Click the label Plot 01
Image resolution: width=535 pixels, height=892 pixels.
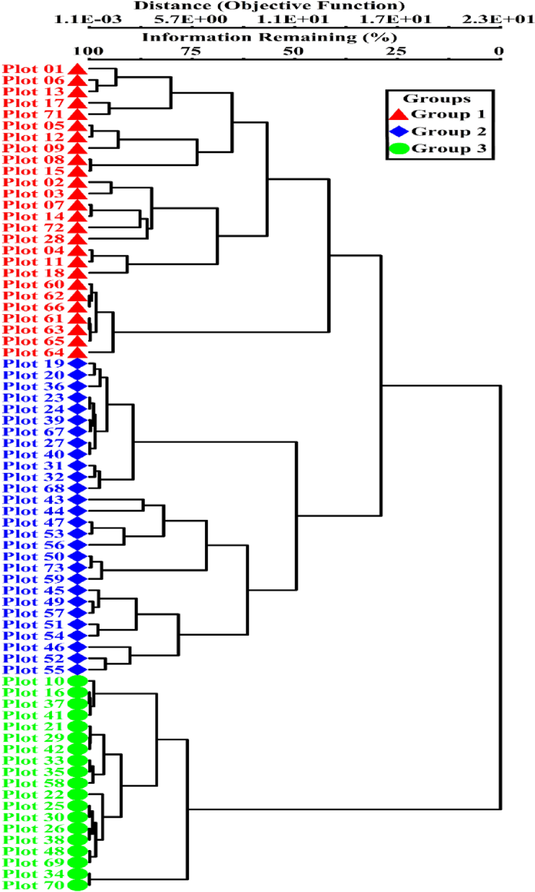(x=33, y=69)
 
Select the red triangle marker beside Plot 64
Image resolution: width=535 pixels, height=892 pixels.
(x=77, y=352)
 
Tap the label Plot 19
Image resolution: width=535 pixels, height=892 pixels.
(x=33, y=364)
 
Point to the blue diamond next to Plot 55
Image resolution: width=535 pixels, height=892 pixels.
(x=77, y=670)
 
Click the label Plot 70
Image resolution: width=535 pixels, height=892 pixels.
(x=33, y=885)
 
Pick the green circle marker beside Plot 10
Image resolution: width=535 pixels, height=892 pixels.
(x=77, y=681)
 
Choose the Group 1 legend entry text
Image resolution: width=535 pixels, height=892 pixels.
(x=448, y=114)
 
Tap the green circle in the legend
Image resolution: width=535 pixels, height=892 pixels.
(x=399, y=149)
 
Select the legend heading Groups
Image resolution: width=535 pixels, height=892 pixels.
(x=437, y=99)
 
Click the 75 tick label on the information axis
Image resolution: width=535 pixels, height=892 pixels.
(x=191, y=51)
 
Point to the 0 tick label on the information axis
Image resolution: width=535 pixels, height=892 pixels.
(x=498, y=51)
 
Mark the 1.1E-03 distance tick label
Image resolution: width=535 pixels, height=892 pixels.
(x=88, y=20)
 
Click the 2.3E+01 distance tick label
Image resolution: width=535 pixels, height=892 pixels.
(x=497, y=20)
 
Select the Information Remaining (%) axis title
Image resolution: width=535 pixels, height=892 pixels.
(x=270, y=37)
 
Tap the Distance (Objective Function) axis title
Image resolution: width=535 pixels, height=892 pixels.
(x=269, y=6)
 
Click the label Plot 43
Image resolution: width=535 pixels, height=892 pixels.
(x=33, y=500)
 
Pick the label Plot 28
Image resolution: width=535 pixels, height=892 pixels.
(x=33, y=239)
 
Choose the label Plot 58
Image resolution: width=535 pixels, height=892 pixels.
(x=33, y=783)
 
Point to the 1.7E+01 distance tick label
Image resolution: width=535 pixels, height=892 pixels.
(x=395, y=20)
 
